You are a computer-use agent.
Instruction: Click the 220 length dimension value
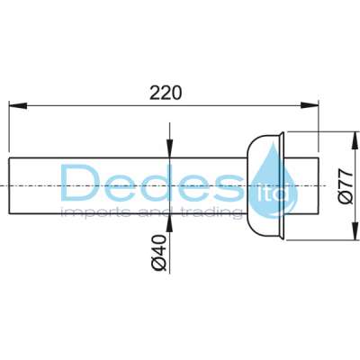point(166,92)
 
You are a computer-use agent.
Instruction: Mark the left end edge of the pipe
point(10,185)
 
